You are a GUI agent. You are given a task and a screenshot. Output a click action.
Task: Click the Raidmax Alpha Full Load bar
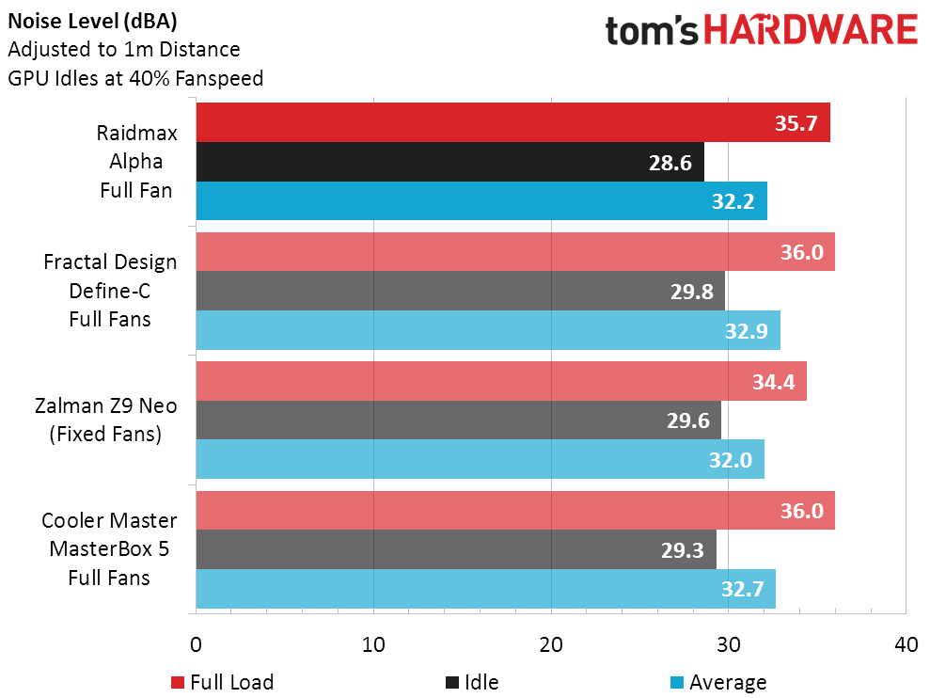click(512, 122)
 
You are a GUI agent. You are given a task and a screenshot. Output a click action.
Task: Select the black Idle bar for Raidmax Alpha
click(449, 162)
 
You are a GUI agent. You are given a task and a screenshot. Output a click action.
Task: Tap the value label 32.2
click(733, 201)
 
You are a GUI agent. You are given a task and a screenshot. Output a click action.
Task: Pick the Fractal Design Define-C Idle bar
click(460, 291)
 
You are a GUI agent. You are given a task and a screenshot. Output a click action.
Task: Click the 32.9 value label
click(747, 330)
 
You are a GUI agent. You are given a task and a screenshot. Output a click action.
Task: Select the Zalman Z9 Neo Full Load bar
click(500, 381)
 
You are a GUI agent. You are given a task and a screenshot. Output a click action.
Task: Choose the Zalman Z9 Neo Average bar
click(480, 459)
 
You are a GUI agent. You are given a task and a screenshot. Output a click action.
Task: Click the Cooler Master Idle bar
click(456, 549)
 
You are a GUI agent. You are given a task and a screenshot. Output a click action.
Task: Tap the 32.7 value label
click(743, 589)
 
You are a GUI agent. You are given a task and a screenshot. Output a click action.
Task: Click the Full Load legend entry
click(222, 682)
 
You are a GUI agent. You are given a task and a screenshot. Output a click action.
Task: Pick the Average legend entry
click(717, 682)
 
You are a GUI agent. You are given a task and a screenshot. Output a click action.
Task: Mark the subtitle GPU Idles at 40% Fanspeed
click(135, 78)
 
